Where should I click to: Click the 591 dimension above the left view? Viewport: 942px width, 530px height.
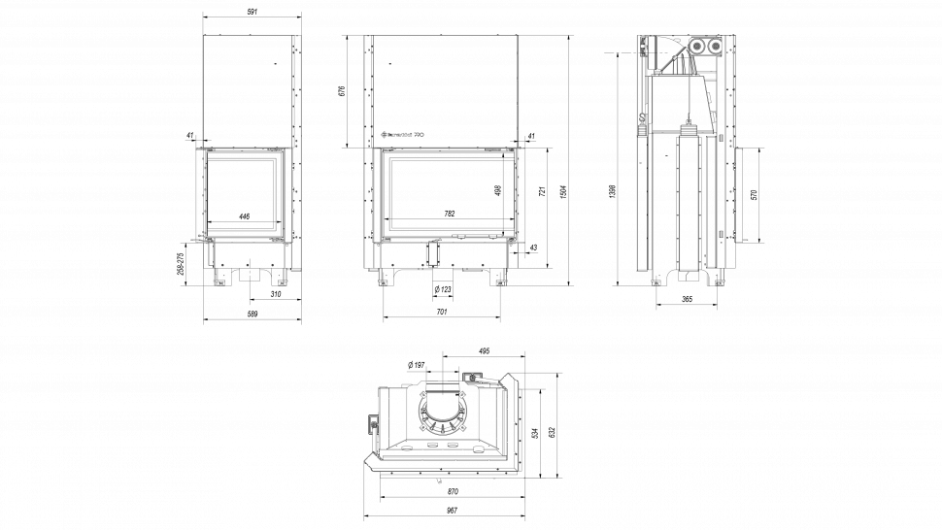pos(252,12)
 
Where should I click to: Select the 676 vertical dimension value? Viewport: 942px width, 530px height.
pos(342,91)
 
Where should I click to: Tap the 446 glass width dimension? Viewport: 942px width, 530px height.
pos(245,215)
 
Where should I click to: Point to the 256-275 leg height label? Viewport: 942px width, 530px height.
pos(181,263)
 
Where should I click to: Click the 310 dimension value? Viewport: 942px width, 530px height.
pos(276,293)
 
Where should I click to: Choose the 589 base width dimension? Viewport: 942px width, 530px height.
pos(252,314)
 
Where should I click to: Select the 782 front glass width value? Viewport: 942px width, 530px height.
pos(450,214)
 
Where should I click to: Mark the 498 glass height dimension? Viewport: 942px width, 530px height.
pos(497,190)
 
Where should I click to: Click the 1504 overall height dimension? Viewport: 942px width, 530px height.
pos(562,188)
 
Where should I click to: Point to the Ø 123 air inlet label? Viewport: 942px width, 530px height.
pos(442,289)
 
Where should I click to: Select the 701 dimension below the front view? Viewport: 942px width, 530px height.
pos(442,312)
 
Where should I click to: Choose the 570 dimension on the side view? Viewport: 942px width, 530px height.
pos(754,194)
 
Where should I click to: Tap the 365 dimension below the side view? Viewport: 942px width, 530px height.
pos(687,300)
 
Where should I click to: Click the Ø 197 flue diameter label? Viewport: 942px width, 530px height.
pos(415,364)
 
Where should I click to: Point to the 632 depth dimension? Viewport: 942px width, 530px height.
pos(553,428)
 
